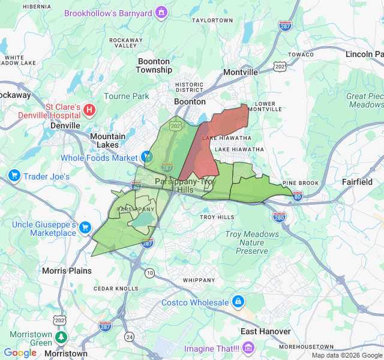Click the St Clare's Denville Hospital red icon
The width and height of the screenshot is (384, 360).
(x=89, y=109)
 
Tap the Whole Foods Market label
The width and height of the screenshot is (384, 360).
(x=99, y=158)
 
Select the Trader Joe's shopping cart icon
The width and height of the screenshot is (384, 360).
(x=14, y=176)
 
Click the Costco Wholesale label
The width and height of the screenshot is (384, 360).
(x=195, y=302)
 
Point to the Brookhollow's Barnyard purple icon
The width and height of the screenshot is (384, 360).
(x=161, y=12)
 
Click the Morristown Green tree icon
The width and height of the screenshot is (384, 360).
(x=61, y=337)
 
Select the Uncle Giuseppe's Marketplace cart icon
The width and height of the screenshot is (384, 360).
(x=85, y=227)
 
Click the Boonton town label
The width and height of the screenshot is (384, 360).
(x=190, y=101)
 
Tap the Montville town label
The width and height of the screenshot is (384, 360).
(x=240, y=72)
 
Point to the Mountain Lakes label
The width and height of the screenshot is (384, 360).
(x=108, y=140)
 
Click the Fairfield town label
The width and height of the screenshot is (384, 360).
(x=356, y=182)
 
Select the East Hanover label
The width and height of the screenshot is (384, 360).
(x=265, y=331)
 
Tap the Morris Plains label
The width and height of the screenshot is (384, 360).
(x=67, y=271)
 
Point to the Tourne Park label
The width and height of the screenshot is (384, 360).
(x=126, y=96)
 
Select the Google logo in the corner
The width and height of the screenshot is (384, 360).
(x=20, y=353)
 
